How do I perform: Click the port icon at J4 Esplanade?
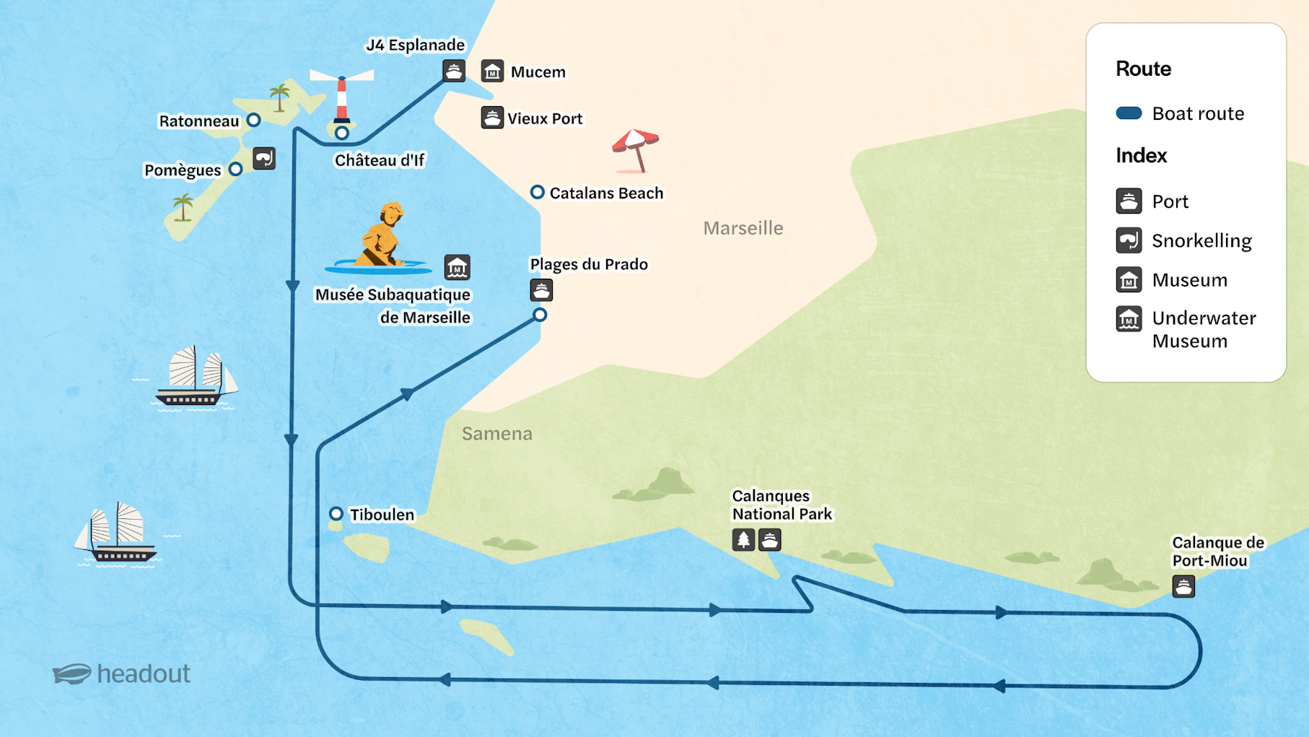coord(454,71)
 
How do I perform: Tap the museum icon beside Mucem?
coord(492,71)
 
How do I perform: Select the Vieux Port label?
coord(545,118)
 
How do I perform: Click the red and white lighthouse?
coord(342,97)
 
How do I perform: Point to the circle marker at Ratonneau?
coord(253,120)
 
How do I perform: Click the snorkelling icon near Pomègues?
coord(264,158)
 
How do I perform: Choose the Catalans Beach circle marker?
coord(537,192)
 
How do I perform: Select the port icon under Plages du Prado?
coord(541,290)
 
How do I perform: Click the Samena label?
coord(497,433)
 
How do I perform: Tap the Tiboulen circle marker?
coord(336,514)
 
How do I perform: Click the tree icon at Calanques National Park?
coord(743,539)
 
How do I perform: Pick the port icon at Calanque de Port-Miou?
coord(1183,586)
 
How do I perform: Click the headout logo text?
coord(144,673)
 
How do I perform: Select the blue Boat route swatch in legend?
coord(1129,113)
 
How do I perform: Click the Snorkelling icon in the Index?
coord(1129,240)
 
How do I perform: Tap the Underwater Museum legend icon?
coord(1129,318)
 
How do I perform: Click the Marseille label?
coord(743,228)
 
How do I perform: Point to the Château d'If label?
coord(380,160)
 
